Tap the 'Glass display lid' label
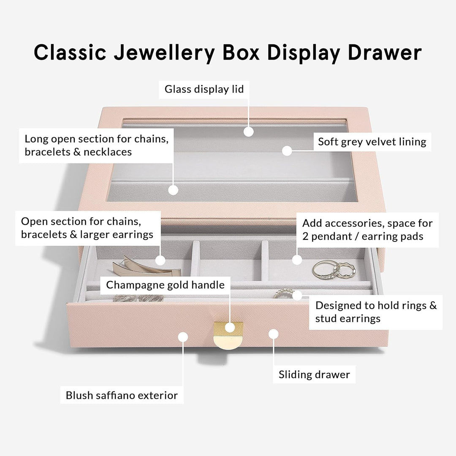[204, 89]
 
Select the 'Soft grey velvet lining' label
[372, 142]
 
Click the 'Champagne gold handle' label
[165, 285]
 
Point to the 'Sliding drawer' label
[314, 374]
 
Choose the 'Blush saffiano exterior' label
[122, 395]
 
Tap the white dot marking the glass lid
[248, 132]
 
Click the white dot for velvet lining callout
[287, 151]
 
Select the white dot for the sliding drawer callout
[273, 334]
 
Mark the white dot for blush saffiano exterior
[183, 337]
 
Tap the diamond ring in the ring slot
[284, 293]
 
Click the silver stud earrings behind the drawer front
[138, 298]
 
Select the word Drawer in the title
[385, 52]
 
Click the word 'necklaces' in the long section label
[108, 152]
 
